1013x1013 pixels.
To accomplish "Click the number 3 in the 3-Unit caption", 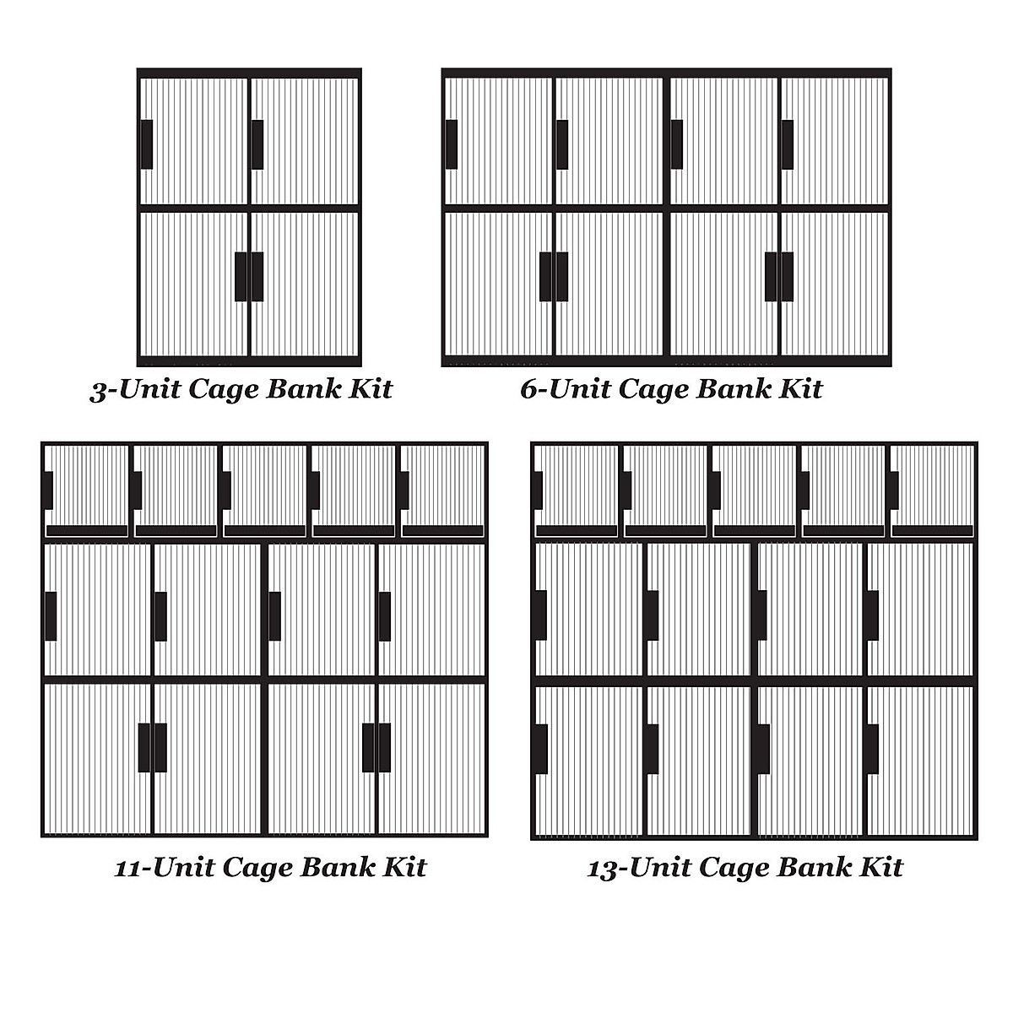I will coord(100,390).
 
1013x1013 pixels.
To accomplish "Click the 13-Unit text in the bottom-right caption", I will coord(636,867).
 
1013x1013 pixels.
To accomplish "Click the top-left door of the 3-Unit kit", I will coord(194,141).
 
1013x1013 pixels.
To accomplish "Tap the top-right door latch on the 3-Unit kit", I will coord(257,144).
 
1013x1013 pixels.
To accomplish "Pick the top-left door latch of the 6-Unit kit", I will coord(451,144).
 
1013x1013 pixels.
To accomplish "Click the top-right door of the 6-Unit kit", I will coord(834,141).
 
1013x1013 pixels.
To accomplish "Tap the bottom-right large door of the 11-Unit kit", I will coord(431,758).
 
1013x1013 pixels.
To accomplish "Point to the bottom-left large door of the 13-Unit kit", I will coord(589,760).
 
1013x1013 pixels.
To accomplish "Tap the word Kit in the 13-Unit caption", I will coord(881,867).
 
